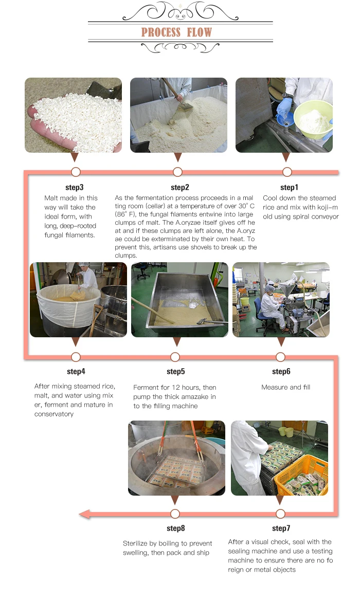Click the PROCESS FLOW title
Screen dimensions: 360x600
tap(176, 32)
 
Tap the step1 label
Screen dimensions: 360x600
tap(289, 188)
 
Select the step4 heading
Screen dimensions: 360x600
tap(76, 372)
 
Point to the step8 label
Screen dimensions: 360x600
tap(175, 529)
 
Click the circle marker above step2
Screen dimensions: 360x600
tap(177, 172)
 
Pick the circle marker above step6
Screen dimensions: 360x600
tap(280, 357)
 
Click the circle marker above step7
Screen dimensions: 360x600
tap(280, 514)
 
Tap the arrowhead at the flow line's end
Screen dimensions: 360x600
tap(84, 514)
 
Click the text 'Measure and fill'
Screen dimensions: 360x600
tap(286, 387)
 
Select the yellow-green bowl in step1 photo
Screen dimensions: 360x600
tap(313, 119)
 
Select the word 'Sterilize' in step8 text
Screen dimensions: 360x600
tap(136, 543)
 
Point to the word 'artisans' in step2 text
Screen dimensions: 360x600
tap(165, 247)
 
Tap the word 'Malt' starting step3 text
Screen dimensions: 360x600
tap(51, 198)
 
